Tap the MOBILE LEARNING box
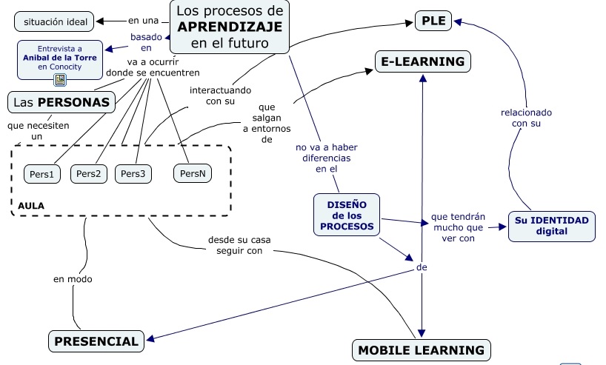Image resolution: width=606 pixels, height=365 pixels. (421, 350)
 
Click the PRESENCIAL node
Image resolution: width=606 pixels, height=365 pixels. (96, 341)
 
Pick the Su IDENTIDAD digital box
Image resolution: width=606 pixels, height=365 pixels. (552, 226)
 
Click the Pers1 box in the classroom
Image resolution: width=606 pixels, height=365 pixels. (41, 174)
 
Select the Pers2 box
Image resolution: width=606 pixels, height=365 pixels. (89, 174)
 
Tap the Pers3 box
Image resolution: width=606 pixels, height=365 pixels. (133, 174)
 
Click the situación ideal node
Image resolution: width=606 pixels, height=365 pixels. (55, 22)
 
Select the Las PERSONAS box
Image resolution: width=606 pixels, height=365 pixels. (61, 102)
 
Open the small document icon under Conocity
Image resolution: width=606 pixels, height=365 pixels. (60, 80)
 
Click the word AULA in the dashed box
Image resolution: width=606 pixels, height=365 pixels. (31, 204)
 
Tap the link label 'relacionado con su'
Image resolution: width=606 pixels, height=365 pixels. (526, 118)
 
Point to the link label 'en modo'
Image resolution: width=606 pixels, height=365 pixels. (73, 279)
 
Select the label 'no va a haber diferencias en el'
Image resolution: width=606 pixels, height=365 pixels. (326, 158)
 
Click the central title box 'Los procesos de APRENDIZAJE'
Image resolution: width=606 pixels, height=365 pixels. (230, 27)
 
